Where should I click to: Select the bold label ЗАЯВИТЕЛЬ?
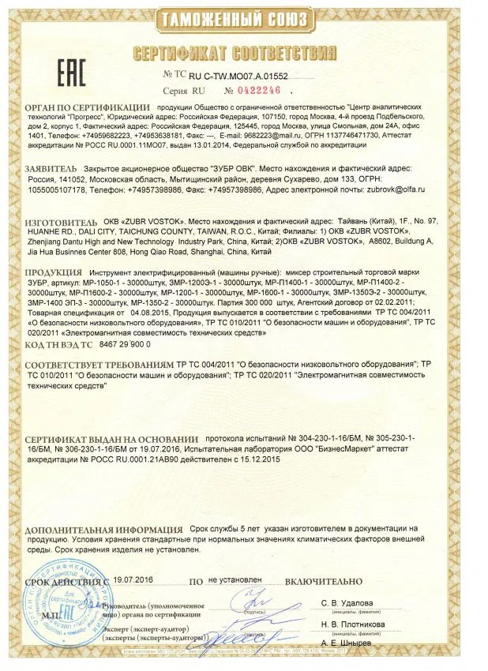52,168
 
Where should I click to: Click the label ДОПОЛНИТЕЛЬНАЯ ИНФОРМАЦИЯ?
101,528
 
